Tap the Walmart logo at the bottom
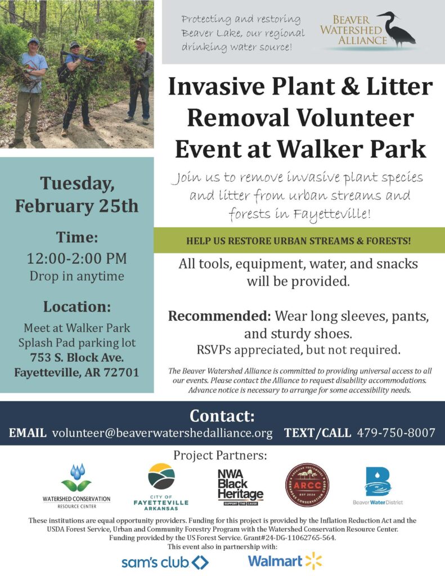(285, 561)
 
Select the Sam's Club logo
(165, 562)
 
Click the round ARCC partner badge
(307, 485)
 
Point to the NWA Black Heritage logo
(240, 487)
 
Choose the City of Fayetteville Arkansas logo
(161, 487)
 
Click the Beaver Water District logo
(377, 485)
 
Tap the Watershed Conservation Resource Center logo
(77, 486)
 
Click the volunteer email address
(163, 433)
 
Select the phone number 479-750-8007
(396, 433)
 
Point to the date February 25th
(77, 206)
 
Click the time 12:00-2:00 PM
(77, 258)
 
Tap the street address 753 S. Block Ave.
(77, 357)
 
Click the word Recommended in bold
(219, 316)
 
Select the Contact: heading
(222, 416)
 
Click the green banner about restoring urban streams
(299, 240)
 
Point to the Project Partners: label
(220, 455)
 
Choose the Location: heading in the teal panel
(77, 307)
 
